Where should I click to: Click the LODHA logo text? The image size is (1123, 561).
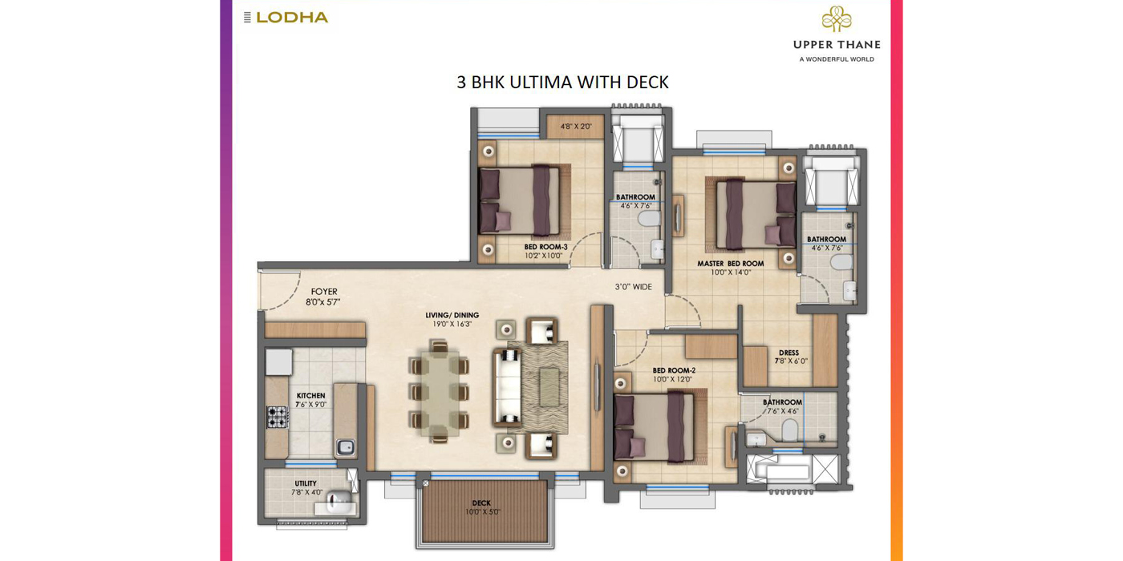(x=292, y=18)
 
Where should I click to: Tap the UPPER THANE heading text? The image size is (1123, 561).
(x=837, y=45)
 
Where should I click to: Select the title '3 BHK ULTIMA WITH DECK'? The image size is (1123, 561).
(x=562, y=82)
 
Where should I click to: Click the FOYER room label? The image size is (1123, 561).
(x=324, y=291)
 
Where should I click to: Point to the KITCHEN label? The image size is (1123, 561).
(x=311, y=396)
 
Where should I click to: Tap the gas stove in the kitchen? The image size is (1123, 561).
(x=277, y=417)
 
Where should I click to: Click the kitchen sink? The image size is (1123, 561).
(x=345, y=447)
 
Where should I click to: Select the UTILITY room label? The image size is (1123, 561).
(x=306, y=483)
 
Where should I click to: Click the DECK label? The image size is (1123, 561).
(x=481, y=503)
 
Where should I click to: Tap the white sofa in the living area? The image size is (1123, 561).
(x=507, y=388)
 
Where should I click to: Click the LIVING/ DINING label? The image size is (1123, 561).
(x=452, y=315)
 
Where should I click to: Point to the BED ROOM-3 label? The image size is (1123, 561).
(x=546, y=247)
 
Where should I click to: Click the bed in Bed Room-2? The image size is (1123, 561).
(x=655, y=426)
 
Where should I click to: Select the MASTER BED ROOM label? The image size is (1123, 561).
(x=731, y=264)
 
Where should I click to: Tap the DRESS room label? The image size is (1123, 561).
(x=789, y=353)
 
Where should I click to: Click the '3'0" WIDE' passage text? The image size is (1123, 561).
(x=634, y=287)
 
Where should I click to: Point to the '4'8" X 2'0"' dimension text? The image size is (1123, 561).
(x=576, y=127)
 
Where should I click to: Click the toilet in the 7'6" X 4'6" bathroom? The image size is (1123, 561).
(x=790, y=430)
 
